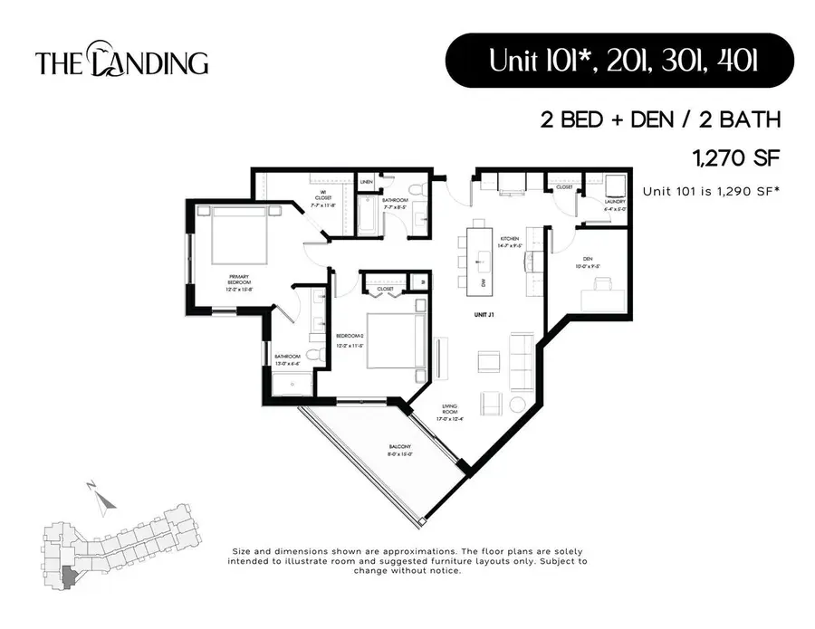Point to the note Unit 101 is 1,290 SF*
(712, 191)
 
